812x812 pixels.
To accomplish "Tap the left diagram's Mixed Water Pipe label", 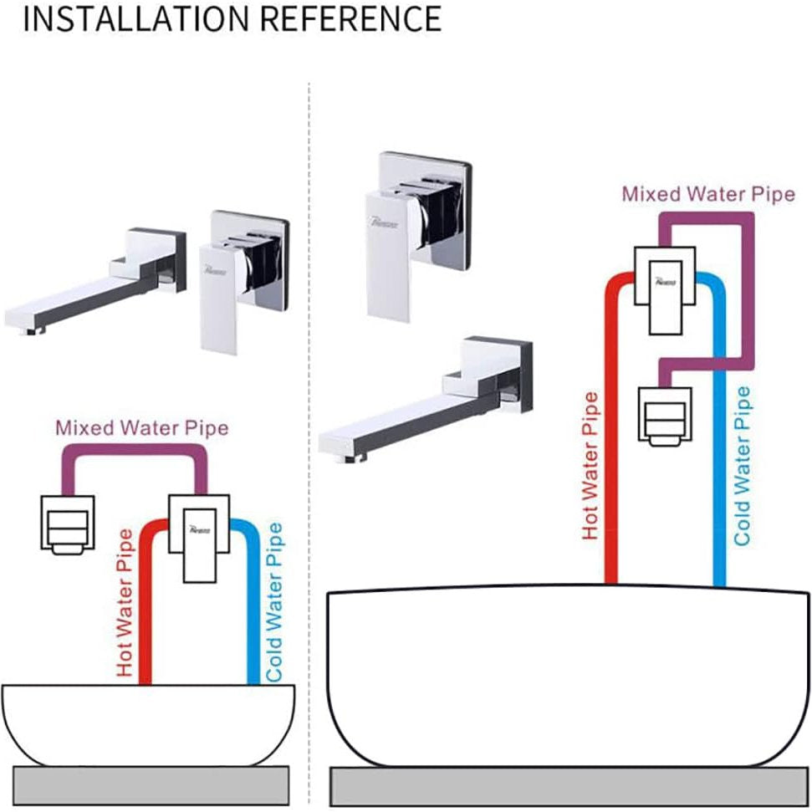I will tap(141, 429).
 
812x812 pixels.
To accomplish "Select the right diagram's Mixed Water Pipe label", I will tap(707, 194).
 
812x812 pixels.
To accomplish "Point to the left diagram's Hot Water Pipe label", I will tap(125, 603).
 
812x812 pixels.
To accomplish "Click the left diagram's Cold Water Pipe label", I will tap(273, 601).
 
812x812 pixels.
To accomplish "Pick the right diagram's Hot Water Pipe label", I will tap(591, 465).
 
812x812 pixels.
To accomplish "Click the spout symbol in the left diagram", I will tap(68, 523).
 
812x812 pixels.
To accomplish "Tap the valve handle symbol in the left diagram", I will tap(198, 536).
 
